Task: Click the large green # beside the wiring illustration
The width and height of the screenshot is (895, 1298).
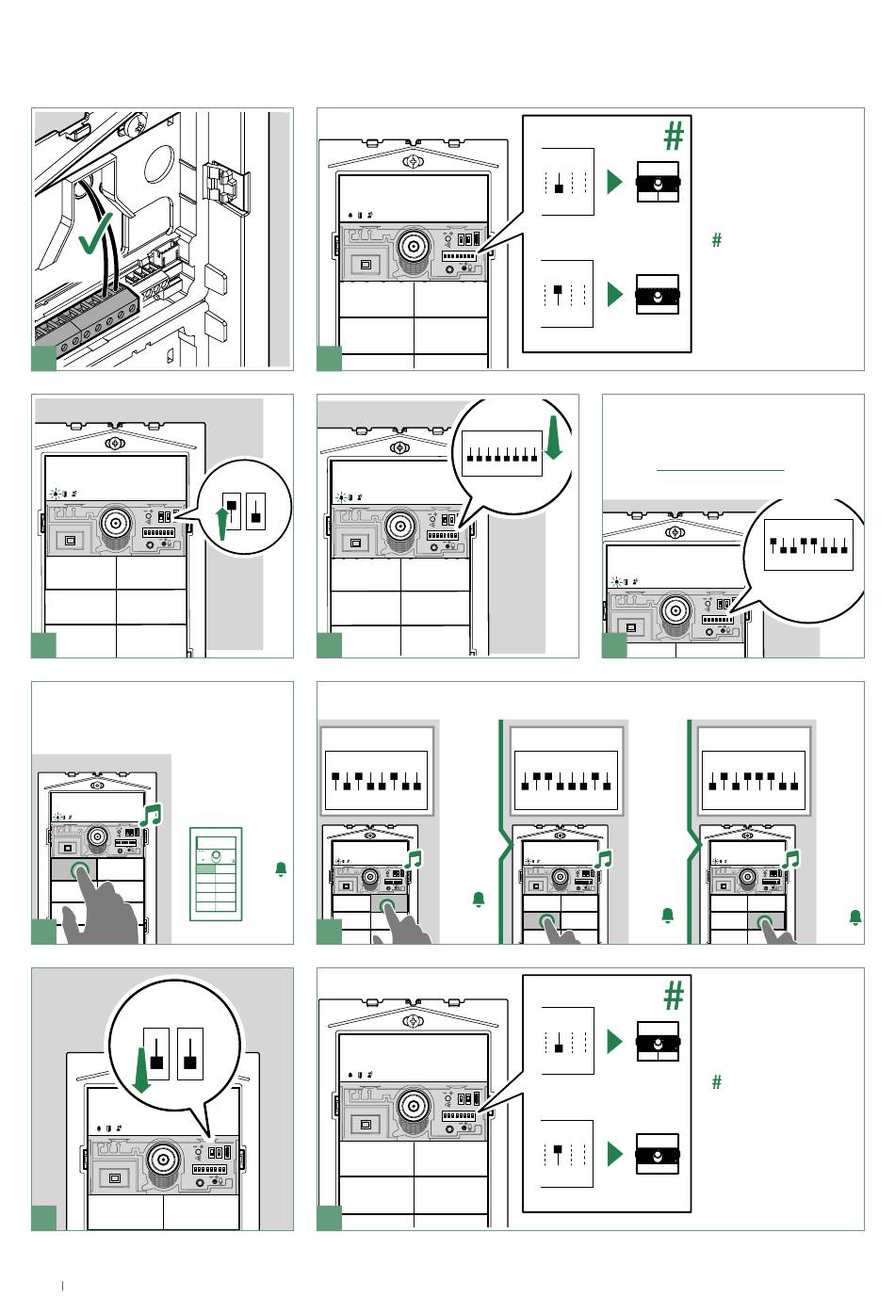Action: click(673, 138)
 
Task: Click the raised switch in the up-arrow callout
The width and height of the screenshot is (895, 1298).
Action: click(232, 506)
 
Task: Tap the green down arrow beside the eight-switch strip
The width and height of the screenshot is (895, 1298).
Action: click(554, 440)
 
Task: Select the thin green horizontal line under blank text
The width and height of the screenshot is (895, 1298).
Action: click(720, 469)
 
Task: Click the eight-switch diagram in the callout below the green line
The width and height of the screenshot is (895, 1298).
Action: click(807, 544)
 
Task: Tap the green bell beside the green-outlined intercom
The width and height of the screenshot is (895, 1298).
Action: click(281, 869)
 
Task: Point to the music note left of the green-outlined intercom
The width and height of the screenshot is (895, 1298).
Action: click(151, 815)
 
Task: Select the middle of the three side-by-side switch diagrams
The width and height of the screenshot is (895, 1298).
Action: click(564, 781)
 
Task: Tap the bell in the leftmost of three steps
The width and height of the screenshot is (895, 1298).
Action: click(479, 900)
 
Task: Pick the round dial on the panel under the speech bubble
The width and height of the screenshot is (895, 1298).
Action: click(163, 1158)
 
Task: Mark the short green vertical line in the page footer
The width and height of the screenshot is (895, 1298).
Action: click(62, 1284)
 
